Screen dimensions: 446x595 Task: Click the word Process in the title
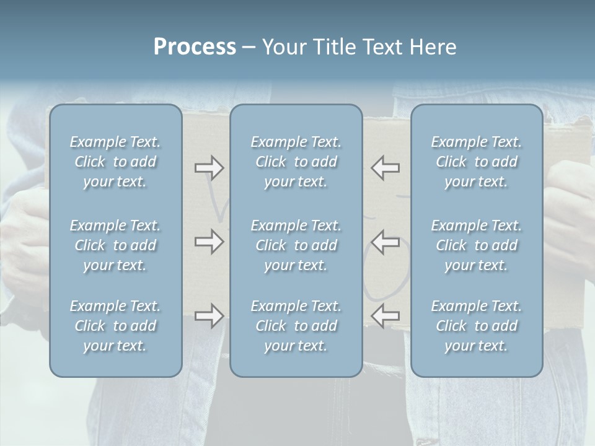coord(195,47)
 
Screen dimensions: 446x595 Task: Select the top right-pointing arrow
coord(209,167)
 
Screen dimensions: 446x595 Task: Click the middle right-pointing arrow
coord(209,242)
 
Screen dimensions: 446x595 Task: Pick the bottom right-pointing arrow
coord(209,316)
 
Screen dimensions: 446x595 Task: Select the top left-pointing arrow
coord(385,167)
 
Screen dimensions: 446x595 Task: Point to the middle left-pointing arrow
coord(385,242)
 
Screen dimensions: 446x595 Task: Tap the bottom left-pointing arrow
coord(385,316)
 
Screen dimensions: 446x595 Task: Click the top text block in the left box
coord(115,162)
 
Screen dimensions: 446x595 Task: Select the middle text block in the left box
coord(115,245)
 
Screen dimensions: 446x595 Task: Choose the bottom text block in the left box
coord(115,326)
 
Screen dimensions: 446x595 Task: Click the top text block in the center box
coord(296,162)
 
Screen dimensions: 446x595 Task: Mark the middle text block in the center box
coord(296,245)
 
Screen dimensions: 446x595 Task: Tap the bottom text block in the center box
coord(296,326)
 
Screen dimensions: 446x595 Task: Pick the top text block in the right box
coord(476,162)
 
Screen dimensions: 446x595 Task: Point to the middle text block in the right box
coord(476,245)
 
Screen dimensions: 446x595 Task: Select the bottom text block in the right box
coord(476,326)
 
